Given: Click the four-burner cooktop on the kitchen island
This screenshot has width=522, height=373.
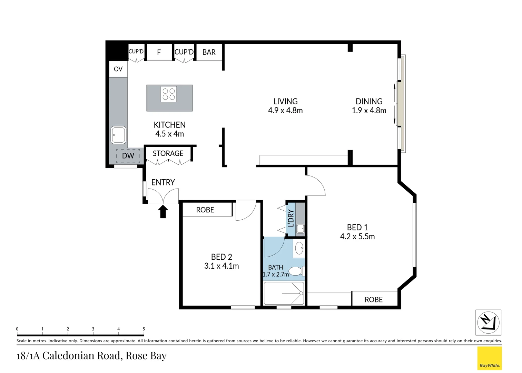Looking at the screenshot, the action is pos(169,94).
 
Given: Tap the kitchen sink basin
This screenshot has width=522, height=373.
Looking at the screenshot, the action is pos(118,135).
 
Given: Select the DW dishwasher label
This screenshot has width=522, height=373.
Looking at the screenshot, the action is pos(128,156).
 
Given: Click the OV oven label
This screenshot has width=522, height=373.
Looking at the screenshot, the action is pos(118,69).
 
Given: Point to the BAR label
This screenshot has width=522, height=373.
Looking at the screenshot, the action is pos(209,52).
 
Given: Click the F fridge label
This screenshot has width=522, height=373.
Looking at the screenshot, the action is pos(159,52).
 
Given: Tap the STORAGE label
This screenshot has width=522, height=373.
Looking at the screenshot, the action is pos(168,153).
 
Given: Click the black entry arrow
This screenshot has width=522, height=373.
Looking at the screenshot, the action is pos(163,211).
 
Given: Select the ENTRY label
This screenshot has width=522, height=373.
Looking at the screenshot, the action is pos(163,182).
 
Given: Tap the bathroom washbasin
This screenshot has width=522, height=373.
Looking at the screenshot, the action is pos(299,248).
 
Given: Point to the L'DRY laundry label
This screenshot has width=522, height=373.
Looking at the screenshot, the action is pos(291,218).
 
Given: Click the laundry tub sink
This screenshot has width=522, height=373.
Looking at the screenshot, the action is pos(300,229).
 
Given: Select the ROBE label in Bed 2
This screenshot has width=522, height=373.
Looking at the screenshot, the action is pos(205,210).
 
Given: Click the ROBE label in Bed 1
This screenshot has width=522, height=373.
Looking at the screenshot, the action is pos(374,300).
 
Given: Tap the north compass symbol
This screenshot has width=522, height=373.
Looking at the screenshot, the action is pos(488,323).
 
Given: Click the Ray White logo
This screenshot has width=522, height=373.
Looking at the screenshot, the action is pos(489,358).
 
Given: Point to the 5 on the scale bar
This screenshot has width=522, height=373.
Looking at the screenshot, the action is pos(144,329).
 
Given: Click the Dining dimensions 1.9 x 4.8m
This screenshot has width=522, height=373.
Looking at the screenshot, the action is pos(369,111).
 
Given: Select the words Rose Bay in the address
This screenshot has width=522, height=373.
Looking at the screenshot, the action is pos(146,356).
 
